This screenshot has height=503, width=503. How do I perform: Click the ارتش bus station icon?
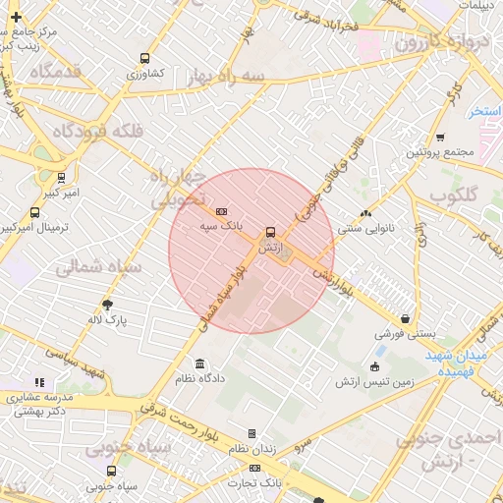point(269,233)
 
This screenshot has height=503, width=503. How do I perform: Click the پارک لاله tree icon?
point(107,305)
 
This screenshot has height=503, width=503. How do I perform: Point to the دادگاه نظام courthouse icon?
point(201,363)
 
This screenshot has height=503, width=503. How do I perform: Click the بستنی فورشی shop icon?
point(406,317)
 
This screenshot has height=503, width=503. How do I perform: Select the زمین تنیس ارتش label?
point(374,381)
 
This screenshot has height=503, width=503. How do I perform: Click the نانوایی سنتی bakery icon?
point(366,213)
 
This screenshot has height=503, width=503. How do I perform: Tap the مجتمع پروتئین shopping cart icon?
point(439,138)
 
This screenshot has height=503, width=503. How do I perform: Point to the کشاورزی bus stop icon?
point(145,59)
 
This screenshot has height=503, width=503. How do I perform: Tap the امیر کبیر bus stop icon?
point(62,178)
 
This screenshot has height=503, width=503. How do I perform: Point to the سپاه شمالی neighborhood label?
point(99,266)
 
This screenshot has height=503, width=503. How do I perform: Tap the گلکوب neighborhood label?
point(454,195)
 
